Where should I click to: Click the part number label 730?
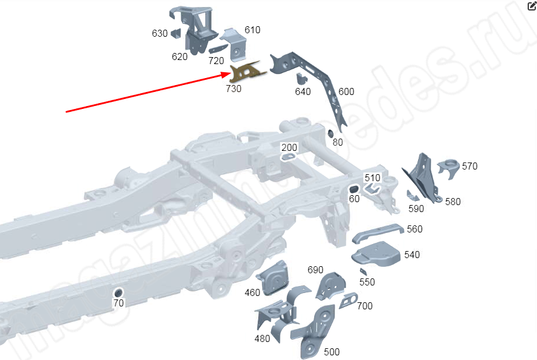233,89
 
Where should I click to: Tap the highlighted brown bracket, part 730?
245,72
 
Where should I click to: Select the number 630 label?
160,34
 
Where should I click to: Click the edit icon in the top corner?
531,6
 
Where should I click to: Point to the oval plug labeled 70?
118,291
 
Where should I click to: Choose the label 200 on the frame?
289,147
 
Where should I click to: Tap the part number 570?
469,166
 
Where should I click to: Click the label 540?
412,255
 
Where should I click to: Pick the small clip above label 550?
363,271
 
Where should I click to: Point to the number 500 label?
331,352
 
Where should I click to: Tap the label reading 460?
252,292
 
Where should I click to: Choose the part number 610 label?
252,30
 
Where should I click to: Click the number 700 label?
364,306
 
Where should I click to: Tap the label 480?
262,339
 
